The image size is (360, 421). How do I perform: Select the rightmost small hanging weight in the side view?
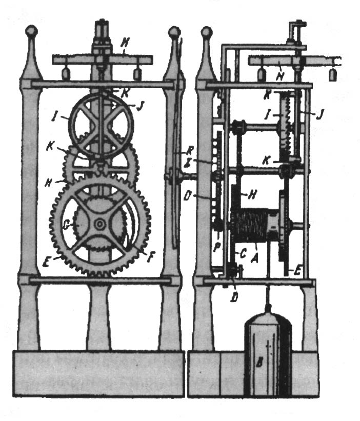coord(333,75)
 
